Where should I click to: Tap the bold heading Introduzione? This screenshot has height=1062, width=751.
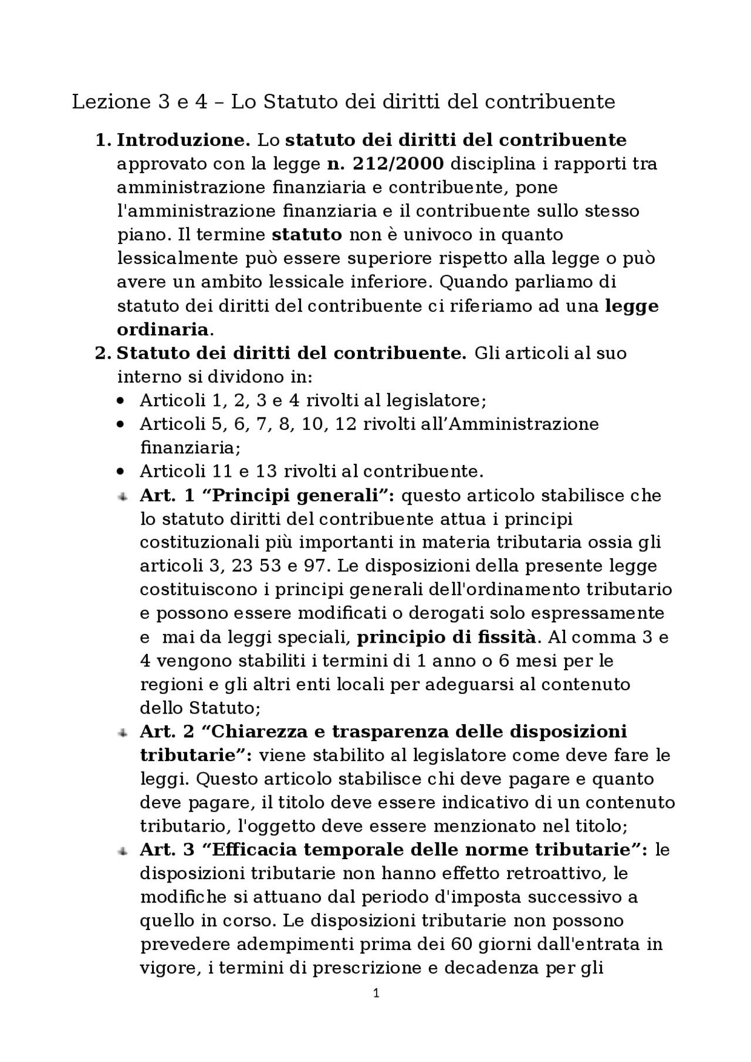pos(183,140)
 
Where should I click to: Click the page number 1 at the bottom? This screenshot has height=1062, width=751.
pos(376,993)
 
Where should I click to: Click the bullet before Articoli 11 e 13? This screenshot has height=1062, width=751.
pos(121,471)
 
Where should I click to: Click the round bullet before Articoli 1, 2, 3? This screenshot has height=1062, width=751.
pos(121,401)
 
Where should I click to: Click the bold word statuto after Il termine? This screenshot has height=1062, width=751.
pos(307,235)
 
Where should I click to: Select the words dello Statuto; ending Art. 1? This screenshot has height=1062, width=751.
pos(199,708)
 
